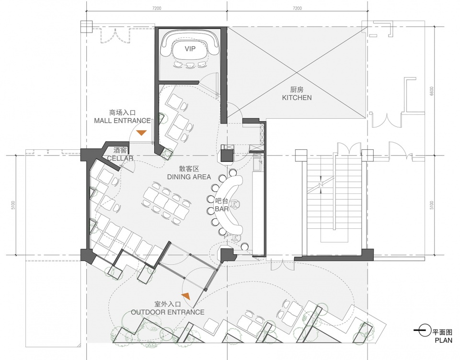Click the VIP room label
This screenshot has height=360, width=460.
pos(190,49)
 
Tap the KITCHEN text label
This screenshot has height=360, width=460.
pos(297,98)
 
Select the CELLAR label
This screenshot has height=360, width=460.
pos(120,158)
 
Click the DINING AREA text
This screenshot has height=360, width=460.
pos(189,177)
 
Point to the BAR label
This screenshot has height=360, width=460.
pos(221,209)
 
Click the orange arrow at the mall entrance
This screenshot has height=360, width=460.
pos(141,133)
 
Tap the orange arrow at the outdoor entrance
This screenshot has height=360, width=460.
pos(186,296)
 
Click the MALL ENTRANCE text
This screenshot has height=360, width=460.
pos(122,121)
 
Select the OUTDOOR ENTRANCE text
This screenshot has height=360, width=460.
pos(168,312)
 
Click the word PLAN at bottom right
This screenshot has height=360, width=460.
pos(443,340)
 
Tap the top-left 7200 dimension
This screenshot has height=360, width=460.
pos(157,8)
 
